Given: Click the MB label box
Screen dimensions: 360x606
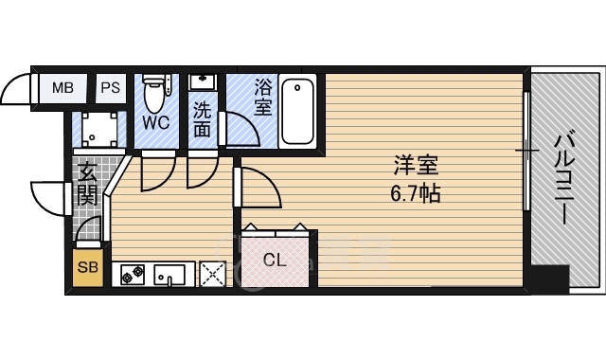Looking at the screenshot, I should tap(62, 88).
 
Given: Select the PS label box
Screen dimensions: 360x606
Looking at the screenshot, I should tap(110, 88).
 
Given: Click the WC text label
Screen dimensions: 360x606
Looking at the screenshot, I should tap(156, 123).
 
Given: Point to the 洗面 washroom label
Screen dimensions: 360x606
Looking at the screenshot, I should tap(202, 120).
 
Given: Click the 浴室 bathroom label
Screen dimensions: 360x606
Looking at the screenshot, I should tap(262, 99).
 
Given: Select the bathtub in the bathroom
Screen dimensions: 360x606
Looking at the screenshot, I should tap(298, 109).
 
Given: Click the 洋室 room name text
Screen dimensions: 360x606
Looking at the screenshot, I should tap(417, 165).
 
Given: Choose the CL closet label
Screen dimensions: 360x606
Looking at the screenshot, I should tap(275, 259).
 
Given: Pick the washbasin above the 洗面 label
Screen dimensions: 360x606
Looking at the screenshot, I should tap(202, 84).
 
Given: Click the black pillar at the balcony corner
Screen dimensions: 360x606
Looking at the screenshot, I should tap(548, 279).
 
